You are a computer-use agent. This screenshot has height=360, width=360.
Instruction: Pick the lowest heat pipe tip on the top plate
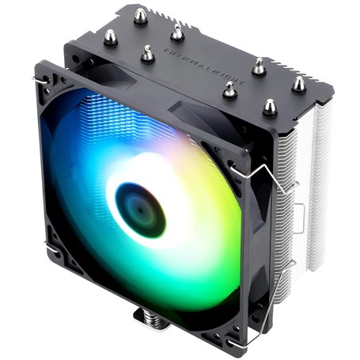270,106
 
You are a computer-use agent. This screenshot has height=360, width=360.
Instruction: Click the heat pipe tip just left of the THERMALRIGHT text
147,54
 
